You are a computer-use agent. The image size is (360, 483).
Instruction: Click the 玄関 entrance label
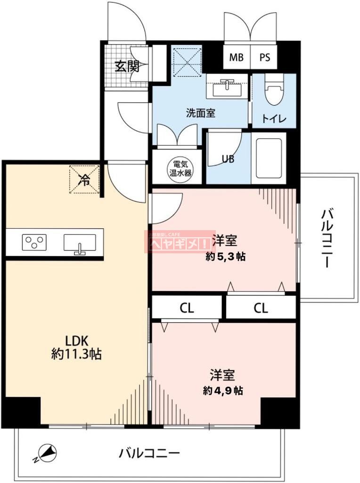127,66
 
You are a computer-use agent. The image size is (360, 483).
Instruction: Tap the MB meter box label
237,58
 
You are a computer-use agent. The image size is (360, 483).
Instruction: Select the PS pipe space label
265,58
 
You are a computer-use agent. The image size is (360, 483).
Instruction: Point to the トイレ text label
273,118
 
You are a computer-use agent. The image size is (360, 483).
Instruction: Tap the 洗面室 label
200,113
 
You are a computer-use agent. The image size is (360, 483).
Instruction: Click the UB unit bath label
229,159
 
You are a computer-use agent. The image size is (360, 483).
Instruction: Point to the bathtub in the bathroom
269,157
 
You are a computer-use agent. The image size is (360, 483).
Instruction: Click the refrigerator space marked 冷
85,179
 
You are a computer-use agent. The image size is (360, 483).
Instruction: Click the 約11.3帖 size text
76,354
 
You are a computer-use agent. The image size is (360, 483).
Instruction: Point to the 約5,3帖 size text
225,257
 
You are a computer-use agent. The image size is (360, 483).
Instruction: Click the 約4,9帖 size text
223,391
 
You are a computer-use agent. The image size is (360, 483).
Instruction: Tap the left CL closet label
187,308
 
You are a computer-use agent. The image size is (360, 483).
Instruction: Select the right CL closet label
261,308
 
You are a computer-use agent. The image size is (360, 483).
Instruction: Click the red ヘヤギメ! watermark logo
180,242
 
